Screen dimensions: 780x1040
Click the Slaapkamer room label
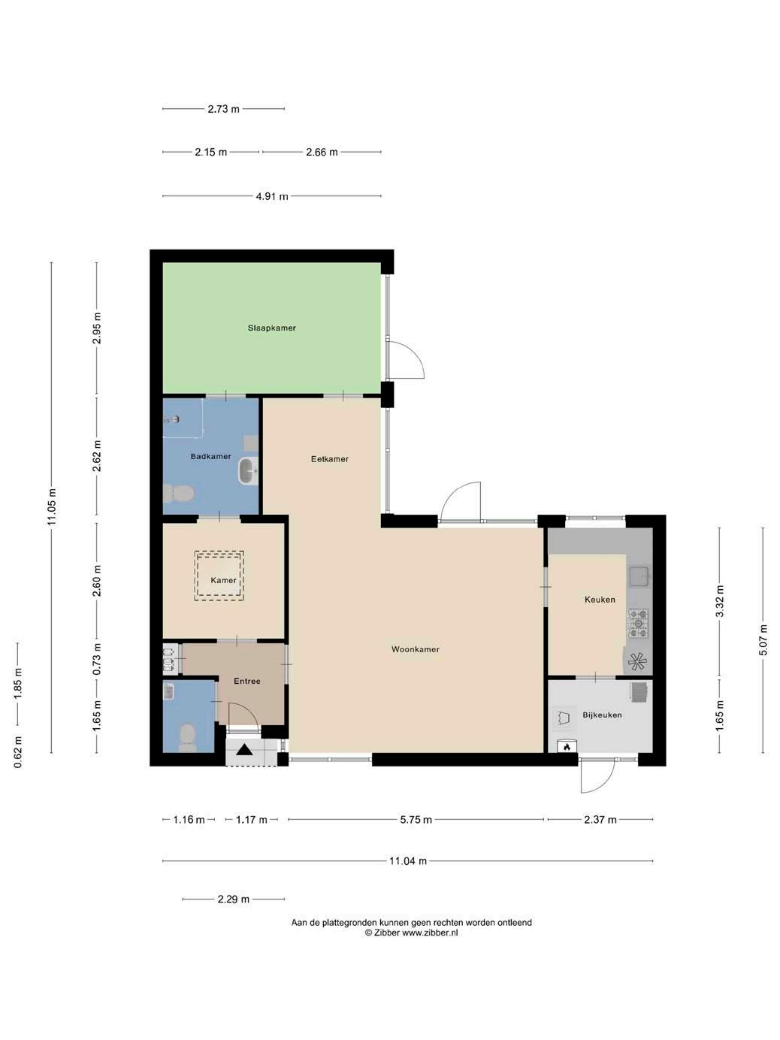[271, 328]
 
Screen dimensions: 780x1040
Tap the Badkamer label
[210, 456]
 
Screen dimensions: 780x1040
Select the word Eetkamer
[330, 458]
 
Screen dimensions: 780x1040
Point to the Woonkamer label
[416, 649]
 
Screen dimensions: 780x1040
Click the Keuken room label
[600, 600]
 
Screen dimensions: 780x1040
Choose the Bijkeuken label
[603, 715]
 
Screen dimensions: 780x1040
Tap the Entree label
[247, 681]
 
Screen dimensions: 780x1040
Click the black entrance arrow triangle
[245, 749]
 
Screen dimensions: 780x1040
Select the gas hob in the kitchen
[638, 623]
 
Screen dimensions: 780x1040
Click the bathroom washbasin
[248, 471]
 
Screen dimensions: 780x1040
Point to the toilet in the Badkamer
[178, 494]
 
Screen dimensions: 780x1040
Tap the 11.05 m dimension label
[52, 506]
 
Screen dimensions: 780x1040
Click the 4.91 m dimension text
[272, 196]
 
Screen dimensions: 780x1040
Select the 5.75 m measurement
[416, 820]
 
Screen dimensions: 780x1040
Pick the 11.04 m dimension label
[408, 861]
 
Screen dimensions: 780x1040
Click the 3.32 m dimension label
[720, 601]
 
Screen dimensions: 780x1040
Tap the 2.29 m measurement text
[234, 899]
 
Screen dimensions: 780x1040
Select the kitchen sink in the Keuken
[639, 576]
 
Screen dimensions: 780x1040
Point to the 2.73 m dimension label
[223, 109]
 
